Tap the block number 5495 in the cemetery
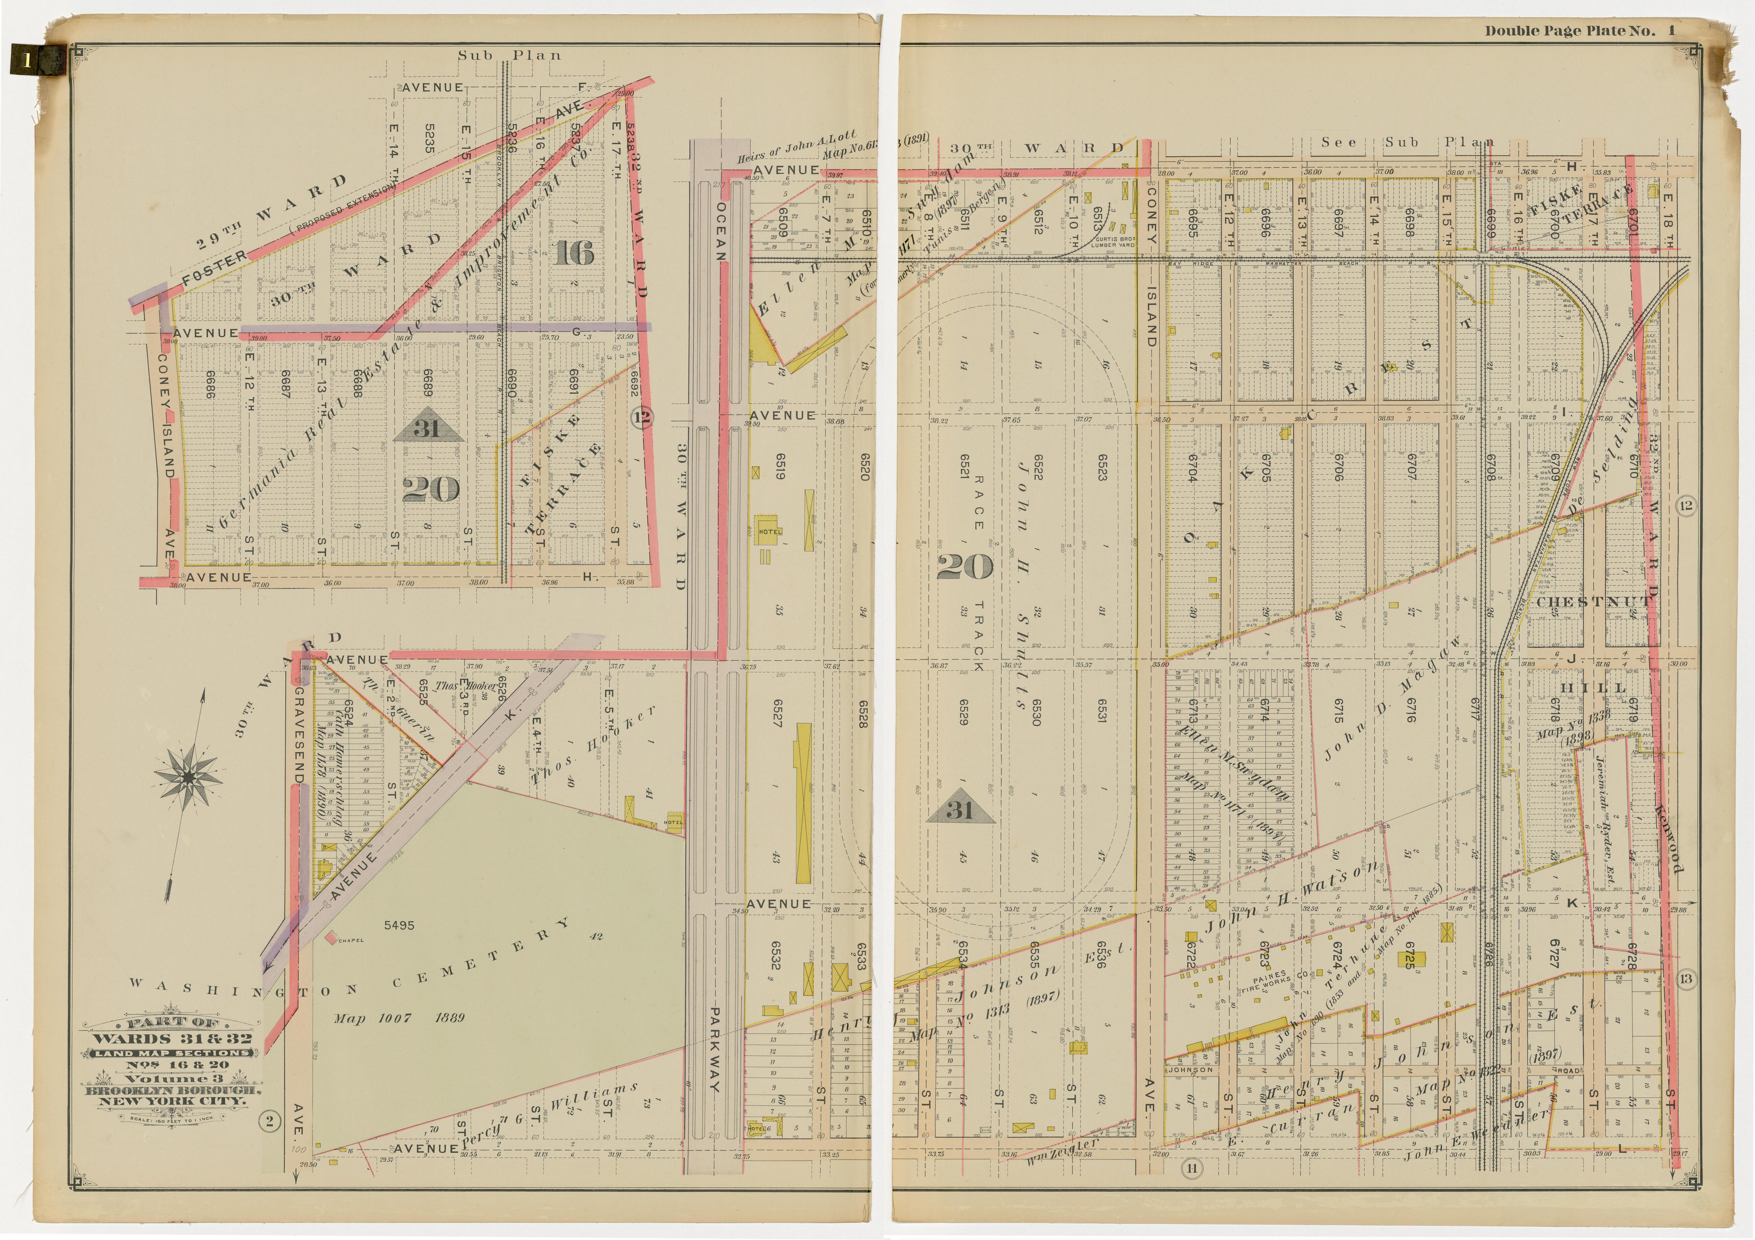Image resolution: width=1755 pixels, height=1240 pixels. point(399,925)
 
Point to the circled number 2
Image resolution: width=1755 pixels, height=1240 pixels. point(269,1122)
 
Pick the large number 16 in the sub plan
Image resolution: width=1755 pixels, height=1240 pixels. point(575,252)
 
